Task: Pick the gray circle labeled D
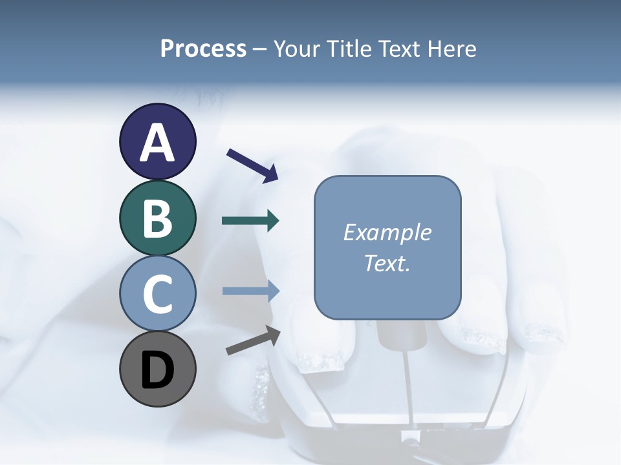(157, 369)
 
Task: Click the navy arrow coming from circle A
(252, 165)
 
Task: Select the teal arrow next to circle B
(250, 221)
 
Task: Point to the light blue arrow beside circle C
(250, 291)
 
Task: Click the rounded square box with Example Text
(387, 247)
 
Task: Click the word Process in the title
(203, 48)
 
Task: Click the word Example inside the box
(387, 232)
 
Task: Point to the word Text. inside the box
(387, 263)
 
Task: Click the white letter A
(157, 143)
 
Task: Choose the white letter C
(157, 294)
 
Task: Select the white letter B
(157, 218)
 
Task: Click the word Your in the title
(298, 48)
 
